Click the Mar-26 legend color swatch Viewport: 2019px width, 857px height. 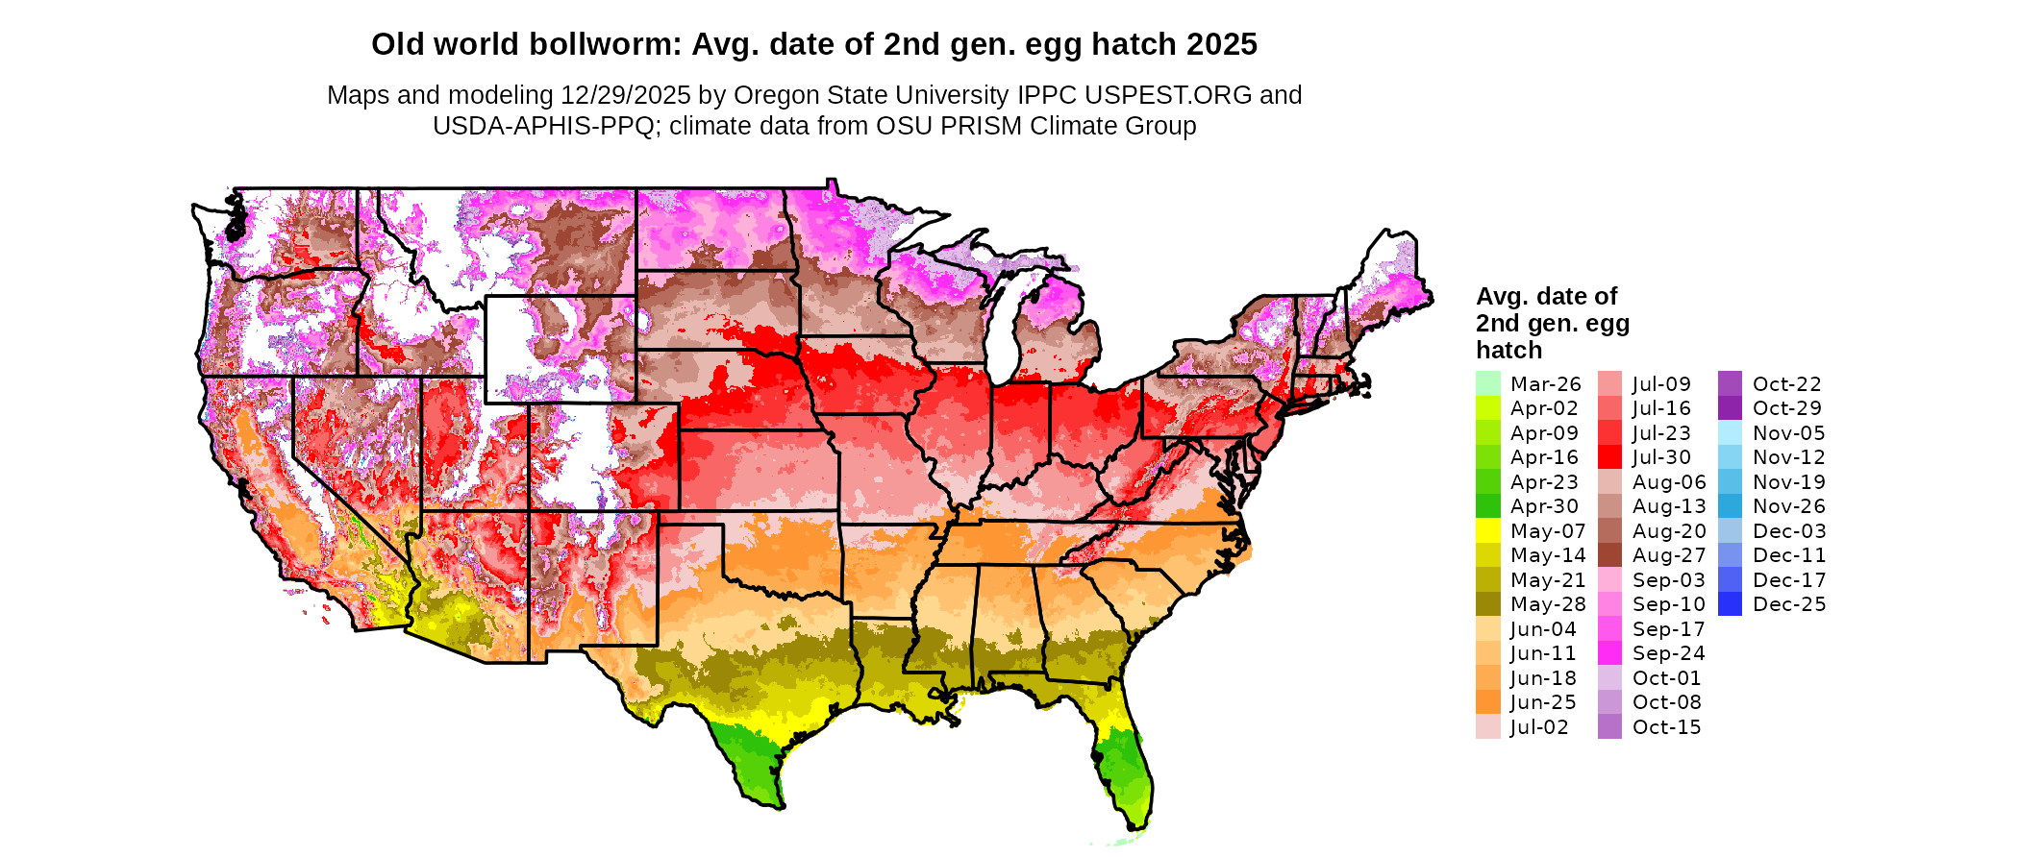[1487, 383]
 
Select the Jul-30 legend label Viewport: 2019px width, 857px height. [1661, 457]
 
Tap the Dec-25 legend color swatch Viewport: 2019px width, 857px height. [1730, 604]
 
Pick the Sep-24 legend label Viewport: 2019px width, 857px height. [1668, 653]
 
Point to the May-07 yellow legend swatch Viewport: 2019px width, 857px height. [1487, 530]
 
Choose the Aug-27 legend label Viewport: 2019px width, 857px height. [1669, 555]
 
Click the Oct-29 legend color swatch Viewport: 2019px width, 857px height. [1730, 408]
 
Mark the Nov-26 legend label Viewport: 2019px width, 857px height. [1788, 506]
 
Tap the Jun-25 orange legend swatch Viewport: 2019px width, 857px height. [1487, 702]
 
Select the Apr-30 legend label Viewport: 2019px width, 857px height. [1544, 506]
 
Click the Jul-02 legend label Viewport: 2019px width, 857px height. [1539, 727]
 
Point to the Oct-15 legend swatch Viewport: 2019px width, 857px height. [1609, 727]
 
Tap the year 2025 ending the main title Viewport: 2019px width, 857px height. [1221, 44]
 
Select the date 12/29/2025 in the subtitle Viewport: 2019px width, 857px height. [626, 95]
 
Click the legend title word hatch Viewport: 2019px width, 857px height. [1508, 350]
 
